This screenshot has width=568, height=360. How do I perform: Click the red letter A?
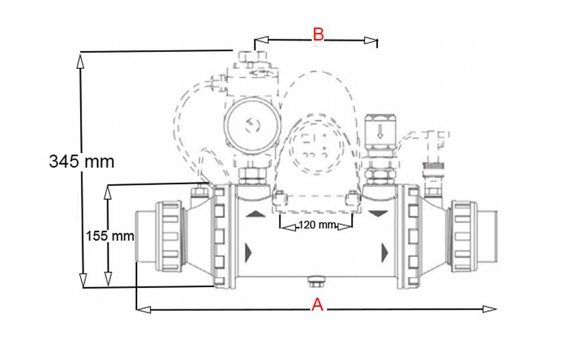(317, 304)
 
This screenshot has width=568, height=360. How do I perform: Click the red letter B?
(318, 34)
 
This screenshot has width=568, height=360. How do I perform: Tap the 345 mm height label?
(82, 161)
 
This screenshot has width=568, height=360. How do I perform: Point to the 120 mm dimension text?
(316, 225)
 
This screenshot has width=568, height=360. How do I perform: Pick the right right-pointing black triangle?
(385, 251)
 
